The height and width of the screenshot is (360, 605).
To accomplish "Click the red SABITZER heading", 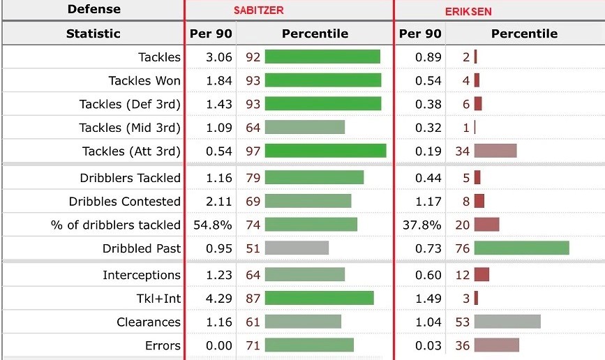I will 258,10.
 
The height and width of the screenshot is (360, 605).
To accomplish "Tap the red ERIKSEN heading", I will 468,12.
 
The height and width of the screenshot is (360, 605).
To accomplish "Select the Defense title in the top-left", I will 94,9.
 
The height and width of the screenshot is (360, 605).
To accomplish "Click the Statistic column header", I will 94,33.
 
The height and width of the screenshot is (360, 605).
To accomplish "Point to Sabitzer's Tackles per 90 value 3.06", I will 219,57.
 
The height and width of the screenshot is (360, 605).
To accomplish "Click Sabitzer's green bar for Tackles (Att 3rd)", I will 325,151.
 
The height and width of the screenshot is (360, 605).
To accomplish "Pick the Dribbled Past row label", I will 142,248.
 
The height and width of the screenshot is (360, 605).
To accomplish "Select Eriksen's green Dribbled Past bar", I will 521,248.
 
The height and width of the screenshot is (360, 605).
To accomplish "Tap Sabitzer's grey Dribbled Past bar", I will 297,248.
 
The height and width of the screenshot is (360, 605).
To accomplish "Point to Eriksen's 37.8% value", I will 423,225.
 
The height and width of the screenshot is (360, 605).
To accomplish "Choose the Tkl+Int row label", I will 158,299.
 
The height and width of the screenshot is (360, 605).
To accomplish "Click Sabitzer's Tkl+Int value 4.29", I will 219,299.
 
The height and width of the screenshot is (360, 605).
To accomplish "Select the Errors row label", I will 163,345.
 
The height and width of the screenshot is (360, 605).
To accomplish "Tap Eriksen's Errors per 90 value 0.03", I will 428,345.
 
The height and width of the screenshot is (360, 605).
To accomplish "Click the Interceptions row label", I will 142,275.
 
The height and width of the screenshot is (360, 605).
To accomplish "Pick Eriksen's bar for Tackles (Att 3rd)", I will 495,151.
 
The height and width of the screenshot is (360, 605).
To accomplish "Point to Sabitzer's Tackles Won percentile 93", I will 253,80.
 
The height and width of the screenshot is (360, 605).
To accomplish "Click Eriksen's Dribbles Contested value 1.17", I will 428,201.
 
